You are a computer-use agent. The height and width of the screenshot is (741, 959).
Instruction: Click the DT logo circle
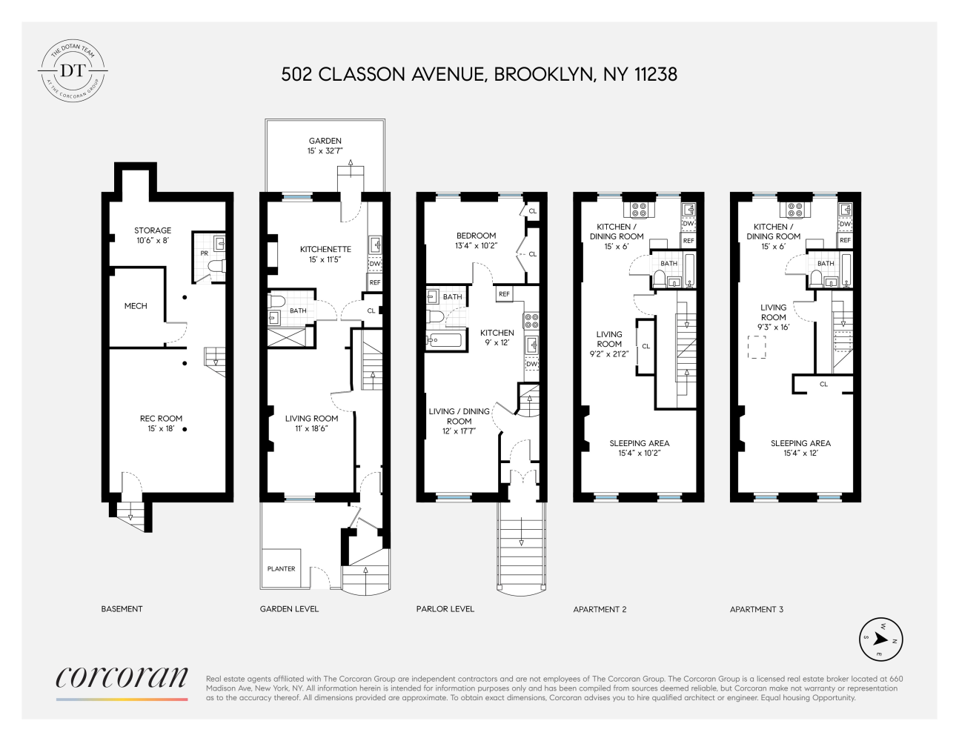[73, 71]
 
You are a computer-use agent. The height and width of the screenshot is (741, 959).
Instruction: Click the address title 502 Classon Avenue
[479, 74]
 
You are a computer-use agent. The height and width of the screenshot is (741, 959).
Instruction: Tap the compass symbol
[881, 639]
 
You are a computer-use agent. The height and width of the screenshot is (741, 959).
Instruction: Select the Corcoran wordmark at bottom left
[122, 677]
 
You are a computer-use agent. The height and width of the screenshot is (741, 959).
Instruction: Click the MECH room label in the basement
[136, 306]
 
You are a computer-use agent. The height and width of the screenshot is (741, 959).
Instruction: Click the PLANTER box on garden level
[281, 568]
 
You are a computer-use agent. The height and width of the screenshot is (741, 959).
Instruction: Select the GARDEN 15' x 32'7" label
[325, 145]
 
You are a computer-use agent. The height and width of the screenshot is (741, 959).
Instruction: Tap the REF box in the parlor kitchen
[504, 294]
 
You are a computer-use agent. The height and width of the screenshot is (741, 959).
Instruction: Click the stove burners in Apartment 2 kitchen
[639, 209]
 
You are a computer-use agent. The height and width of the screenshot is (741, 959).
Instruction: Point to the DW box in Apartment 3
[845, 224]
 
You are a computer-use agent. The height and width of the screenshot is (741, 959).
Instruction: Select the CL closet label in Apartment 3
[823, 384]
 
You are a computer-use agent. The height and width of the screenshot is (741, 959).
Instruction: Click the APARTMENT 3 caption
[756, 609]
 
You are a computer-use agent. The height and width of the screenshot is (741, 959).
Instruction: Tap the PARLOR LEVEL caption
[445, 609]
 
